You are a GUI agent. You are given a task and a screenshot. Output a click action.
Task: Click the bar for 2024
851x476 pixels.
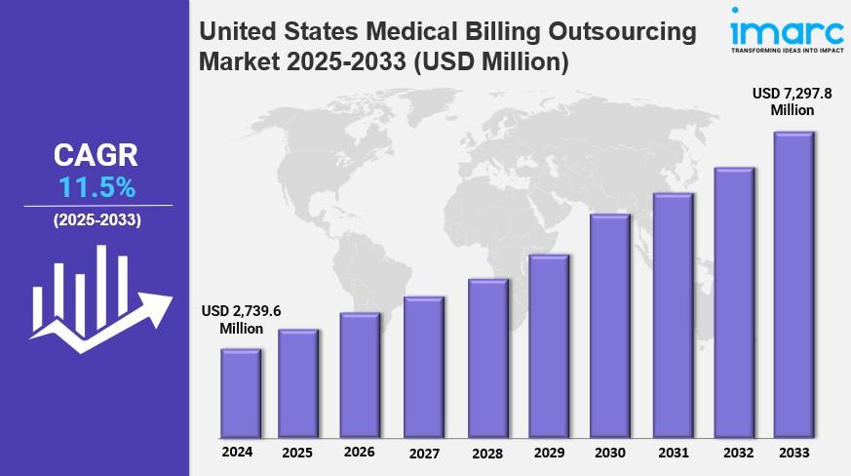coord(240,392)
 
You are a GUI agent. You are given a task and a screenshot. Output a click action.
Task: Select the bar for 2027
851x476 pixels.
coord(423,367)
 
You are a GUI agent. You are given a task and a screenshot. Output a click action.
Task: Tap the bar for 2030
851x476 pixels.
coord(609,326)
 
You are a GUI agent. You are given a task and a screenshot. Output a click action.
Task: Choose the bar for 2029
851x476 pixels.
coord(549,346)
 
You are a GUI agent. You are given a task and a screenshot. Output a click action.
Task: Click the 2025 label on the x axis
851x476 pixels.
coord(297,453)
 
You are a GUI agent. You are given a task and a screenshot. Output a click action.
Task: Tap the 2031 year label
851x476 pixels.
coord(672,453)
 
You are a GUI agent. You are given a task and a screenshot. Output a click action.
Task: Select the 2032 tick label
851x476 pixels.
coord(738,453)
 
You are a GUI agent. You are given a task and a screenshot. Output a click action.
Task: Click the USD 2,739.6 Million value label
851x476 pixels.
coord(234,319)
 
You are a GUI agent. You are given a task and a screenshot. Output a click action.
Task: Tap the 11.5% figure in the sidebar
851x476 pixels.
coord(97,187)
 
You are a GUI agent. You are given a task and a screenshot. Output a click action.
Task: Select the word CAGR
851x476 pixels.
coord(96,155)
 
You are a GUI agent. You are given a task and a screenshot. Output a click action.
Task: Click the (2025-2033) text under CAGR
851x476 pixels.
coord(97,220)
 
